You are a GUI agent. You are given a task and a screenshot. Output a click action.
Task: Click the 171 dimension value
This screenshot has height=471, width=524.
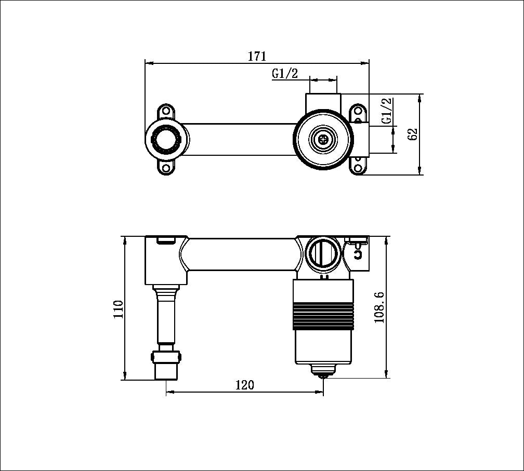(257, 56)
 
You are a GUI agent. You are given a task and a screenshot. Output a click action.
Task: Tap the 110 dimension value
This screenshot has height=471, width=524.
(119, 309)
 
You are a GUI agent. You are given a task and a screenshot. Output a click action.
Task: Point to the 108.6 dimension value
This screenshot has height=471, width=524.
(379, 307)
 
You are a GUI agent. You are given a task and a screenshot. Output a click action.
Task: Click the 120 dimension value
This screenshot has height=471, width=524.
(245, 385)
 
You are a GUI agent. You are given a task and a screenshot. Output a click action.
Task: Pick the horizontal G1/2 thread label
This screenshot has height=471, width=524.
(285, 74)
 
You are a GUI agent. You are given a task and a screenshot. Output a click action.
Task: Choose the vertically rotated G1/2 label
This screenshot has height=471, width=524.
(387, 111)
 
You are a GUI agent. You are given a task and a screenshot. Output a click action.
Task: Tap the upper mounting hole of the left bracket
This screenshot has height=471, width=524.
(166, 111)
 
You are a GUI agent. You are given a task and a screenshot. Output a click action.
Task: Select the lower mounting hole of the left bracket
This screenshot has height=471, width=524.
(166, 168)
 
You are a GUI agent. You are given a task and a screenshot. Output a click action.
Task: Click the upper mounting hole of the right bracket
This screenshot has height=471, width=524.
(358, 111)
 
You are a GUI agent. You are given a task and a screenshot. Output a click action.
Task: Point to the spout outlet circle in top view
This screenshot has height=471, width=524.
(166, 139)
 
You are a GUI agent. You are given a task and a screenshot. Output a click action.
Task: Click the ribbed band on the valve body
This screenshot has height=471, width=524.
(323, 315)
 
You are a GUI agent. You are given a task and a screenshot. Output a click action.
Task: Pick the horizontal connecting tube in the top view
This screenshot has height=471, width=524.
(239, 139)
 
